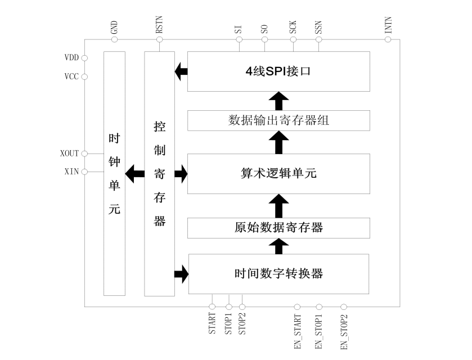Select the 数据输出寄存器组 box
click(278, 120)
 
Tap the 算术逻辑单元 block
click(278, 173)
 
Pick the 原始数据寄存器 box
click(278, 227)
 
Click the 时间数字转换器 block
click(278, 274)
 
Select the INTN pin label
click(388, 27)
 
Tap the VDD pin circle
click(85, 58)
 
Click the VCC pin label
click(71, 76)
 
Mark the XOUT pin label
click(69, 153)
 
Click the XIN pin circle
click(85, 171)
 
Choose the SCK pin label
click(293, 29)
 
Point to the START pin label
click(212, 324)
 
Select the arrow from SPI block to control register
click(181, 71)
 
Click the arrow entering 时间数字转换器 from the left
click(181, 274)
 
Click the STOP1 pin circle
click(228, 307)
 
